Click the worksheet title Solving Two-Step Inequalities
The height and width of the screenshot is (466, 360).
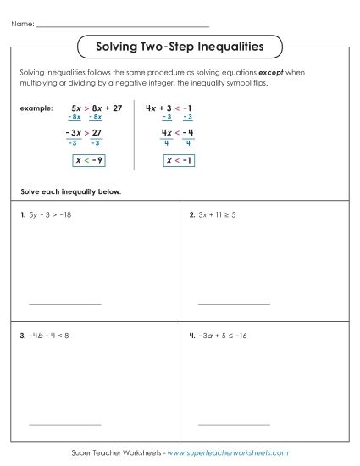[180, 45]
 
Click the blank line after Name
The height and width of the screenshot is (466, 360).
[122, 26]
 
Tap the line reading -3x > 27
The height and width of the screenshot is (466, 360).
[83, 133]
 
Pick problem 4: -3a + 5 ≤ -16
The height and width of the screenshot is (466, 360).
[222, 336]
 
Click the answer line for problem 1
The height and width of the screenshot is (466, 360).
[64, 303]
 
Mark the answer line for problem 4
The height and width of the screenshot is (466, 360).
[234, 424]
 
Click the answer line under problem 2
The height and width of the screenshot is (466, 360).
[234, 303]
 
